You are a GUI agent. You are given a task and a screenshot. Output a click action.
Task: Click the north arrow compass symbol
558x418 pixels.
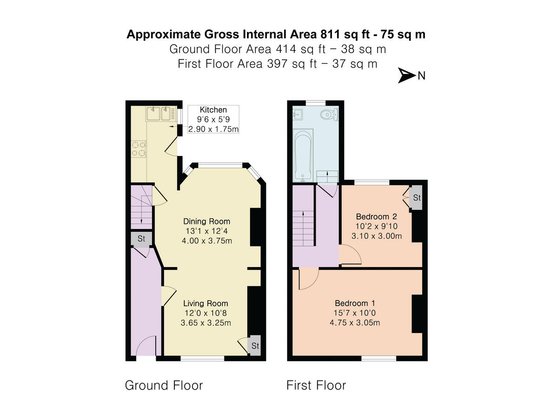tap(406, 76)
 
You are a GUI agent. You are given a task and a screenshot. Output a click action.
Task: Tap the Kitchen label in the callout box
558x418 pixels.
tap(213, 110)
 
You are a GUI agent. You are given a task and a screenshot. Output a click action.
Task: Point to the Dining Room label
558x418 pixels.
tap(206, 221)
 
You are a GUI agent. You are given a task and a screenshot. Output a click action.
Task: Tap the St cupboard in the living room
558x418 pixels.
tap(255, 346)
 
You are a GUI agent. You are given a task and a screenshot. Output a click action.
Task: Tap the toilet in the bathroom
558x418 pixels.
tap(331, 114)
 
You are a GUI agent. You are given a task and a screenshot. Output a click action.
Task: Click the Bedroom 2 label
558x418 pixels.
tap(377, 216)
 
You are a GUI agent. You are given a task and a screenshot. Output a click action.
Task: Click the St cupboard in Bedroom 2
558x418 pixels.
tap(417, 198)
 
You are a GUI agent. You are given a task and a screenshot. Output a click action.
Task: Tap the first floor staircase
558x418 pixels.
tap(303, 228)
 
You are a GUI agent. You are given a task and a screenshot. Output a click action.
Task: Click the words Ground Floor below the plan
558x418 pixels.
tap(164, 385)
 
